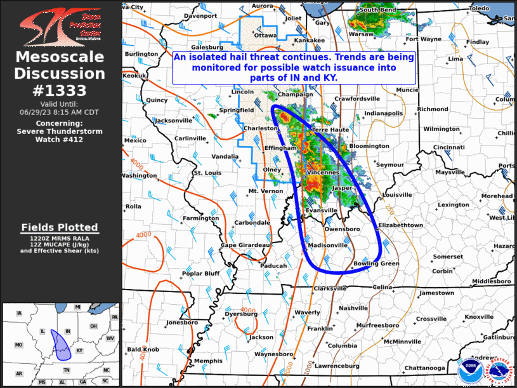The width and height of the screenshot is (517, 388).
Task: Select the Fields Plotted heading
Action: point(60,227)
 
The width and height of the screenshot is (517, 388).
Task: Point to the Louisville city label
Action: point(398,195)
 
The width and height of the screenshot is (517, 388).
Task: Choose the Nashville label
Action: point(353,308)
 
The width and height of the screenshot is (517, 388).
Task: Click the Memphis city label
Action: point(208,361)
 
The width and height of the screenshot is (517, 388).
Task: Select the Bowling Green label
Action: point(376,264)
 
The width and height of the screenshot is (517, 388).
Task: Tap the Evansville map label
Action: point(322,210)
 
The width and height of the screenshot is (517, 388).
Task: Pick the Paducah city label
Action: point(273,265)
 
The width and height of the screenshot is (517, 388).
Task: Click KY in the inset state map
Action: point(79,350)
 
